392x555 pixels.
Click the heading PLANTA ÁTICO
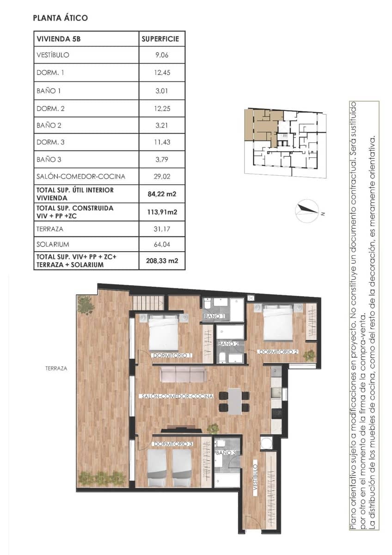click(x=61, y=18)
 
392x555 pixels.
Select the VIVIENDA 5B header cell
click(x=59, y=39)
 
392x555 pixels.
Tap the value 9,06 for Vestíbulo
click(x=162, y=55)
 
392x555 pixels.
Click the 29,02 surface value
click(x=162, y=176)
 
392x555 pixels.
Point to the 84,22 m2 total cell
click(x=162, y=193)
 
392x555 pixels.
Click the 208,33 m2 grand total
click(x=162, y=261)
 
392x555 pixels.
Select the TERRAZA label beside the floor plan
click(x=56, y=369)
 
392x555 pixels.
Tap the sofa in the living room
click(x=183, y=374)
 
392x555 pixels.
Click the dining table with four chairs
click(x=234, y=401)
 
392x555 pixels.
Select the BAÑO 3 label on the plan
click(x=226, y=453)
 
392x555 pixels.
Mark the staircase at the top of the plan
click(x=148, y=303)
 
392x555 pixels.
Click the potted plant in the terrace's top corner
click(x=86, y=305)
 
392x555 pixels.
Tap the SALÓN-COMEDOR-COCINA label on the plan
click(x=178, y=396)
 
